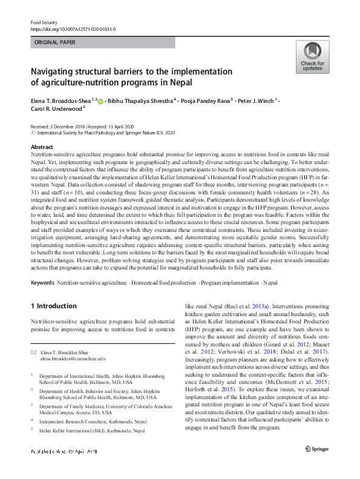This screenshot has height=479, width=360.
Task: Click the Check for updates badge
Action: (x=312, y=58)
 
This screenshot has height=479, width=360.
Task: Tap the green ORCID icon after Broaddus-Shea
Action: (x=100, y=101)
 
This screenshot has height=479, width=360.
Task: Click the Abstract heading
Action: (x=42, y=148)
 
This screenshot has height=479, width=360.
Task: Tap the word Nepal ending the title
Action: (x=179, y=83)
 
